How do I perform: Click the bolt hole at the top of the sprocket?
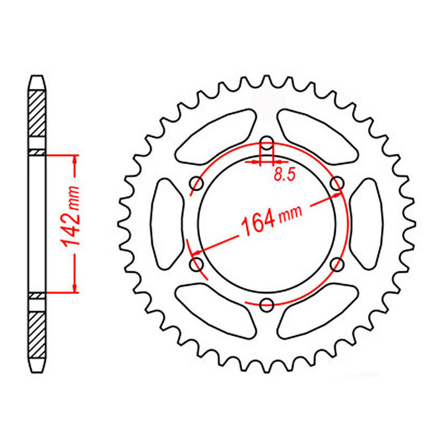pyautogui.click(x=267, y=142)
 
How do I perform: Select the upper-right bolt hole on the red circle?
pyautogui.click(x=338, y=185)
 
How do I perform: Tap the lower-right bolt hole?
pyautogui.click(x=338, y=263)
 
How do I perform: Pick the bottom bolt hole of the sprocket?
pyautogui.click(x=267, y=304)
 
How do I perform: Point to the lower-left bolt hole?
pyautogui.click(x=197, y=263)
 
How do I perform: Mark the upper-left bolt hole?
pyautogui.click(x=197, y=185)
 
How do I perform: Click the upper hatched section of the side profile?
pyautogui.click(x=38, y=112)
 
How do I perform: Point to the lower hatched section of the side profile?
pyautogui.click(x=38, y=335)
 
